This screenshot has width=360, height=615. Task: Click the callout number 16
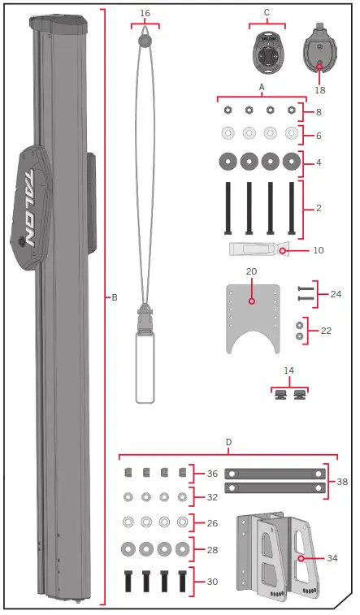click(145, 14)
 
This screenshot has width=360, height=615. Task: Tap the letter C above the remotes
click(267, 12)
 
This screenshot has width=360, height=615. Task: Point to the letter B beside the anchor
click(115, 298)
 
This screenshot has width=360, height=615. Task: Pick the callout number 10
click(318, 251)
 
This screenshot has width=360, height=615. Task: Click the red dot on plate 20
click(252, 301)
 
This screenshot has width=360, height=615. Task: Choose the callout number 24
click(336, 293)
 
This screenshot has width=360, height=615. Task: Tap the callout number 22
click(327, 331)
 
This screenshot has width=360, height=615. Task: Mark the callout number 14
click(288, 370)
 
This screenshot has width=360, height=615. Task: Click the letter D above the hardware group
click(228, 443)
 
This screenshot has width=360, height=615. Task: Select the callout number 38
click(342, 482)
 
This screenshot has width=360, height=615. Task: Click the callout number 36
click(212, 474)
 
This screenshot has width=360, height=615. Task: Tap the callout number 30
click(212, 582)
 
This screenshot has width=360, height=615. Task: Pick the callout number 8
click(319, 112)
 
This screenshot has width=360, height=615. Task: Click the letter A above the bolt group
click(262, 86)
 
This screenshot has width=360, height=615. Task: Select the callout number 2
click(319, 209)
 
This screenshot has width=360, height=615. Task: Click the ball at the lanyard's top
click(145, 40)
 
